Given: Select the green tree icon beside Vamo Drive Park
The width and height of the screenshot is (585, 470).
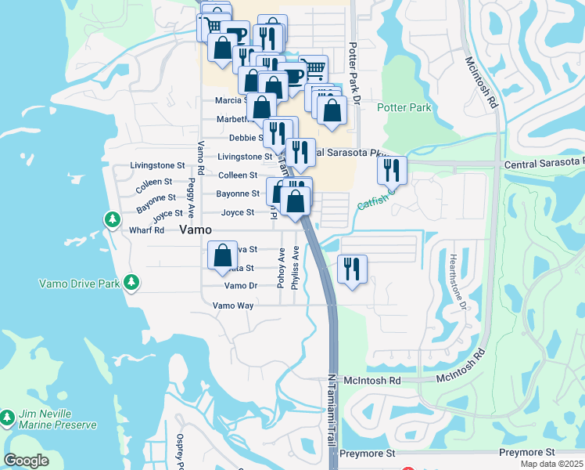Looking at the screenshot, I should coord(133,281).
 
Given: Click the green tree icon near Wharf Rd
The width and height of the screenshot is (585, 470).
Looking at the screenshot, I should coord(112,218).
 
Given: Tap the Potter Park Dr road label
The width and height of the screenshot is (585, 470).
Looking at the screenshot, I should coord(354,66).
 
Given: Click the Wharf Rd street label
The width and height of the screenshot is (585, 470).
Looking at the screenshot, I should coord(147,230).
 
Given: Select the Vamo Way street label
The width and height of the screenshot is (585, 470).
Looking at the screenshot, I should coord(233,305).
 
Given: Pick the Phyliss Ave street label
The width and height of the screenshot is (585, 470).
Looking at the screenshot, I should coord(296,269).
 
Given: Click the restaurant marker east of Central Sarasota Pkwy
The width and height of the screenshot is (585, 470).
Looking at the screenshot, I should coord(391,170).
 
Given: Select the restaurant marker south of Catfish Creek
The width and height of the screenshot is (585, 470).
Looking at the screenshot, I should coord(351,269).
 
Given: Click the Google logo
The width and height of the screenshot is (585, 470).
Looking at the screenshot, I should coord(27,461).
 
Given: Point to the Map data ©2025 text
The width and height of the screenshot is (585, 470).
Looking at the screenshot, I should coord(551,464).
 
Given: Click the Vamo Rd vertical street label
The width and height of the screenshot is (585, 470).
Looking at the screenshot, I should coord(201,157).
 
